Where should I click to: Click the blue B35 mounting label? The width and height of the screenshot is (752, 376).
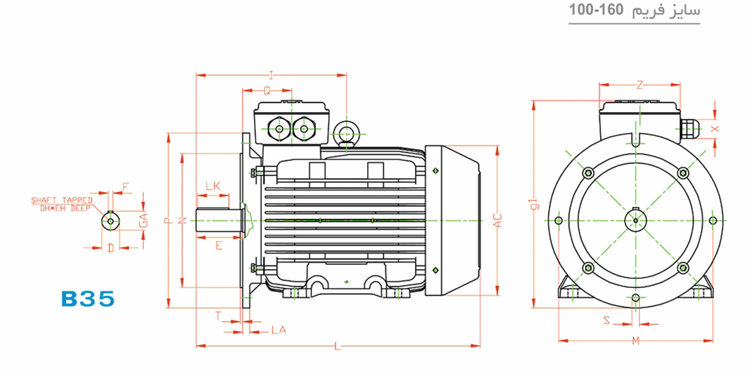[88, 299]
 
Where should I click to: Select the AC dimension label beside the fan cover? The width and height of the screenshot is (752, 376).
[499, 220]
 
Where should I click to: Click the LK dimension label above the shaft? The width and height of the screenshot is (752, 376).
[213, 186]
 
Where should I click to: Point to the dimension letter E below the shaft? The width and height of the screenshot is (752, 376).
[219, 246]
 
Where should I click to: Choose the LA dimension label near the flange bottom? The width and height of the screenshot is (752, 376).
[279, 330]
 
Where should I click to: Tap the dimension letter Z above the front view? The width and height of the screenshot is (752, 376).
[639, 86]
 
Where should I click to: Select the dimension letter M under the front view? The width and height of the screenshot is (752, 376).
[636, 341]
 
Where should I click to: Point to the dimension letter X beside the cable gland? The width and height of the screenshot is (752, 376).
[715, 129]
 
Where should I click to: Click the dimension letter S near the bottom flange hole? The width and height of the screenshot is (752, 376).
[606, 320]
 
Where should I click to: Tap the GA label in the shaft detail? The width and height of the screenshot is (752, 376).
[142, 220]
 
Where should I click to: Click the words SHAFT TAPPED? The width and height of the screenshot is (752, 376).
[62, 199]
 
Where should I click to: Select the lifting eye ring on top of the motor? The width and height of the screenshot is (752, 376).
[346, 130]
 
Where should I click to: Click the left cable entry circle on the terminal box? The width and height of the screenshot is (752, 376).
[279, 129]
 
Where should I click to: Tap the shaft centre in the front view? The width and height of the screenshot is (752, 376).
[635, 220]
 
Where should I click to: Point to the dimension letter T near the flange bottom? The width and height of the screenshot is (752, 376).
[218, 316]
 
